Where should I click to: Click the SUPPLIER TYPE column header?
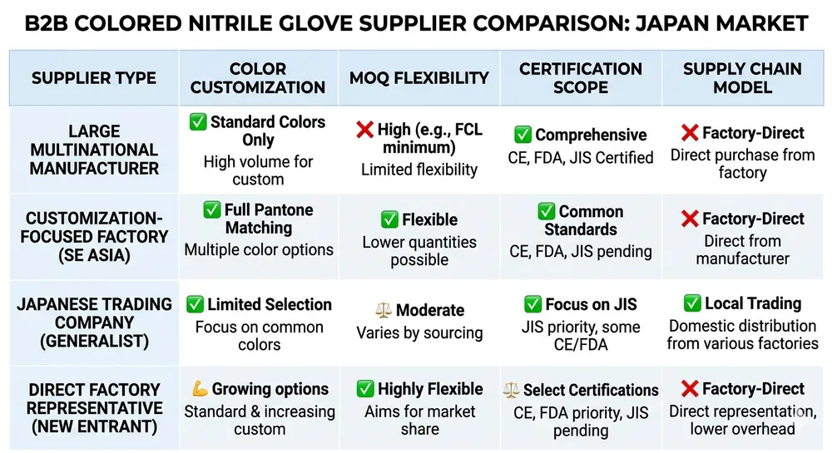coord(93,78)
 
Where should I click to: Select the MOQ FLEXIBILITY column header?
coord(419,78)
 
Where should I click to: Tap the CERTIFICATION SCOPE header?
coord(581,78)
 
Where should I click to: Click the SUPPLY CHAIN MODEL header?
coord(742,78)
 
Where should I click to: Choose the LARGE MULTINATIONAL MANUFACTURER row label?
coord(93,150)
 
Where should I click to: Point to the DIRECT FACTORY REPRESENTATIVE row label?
coord(93,408)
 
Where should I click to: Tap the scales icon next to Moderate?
coord(383,311)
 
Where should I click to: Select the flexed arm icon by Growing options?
coord(199,389)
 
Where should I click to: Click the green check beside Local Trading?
coord(692,303)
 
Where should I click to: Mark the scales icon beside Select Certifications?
coord(512,390)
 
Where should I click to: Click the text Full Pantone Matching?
coord(268,219)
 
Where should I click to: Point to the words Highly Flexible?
coord(430,389)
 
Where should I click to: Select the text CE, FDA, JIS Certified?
coord(581,157)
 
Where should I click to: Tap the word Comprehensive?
coord(591,135)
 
